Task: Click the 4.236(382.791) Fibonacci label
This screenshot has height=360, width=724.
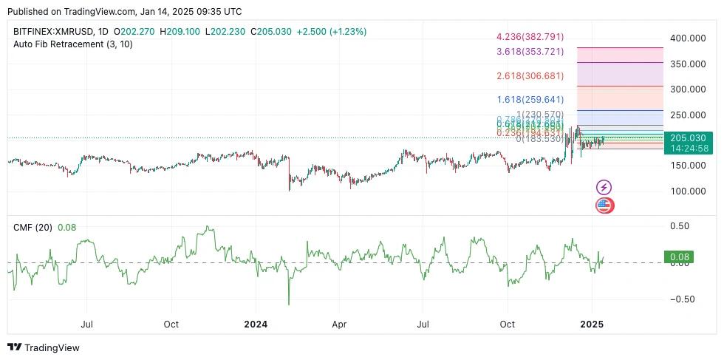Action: (x=530, y=36)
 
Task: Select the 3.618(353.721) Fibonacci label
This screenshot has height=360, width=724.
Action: (x=530, y=51)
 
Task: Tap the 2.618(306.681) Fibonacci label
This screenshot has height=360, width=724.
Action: (x=530, y=76)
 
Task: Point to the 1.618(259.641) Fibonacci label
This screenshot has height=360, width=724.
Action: (x=530, y=99)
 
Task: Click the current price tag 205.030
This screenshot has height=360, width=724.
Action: (x=687, y=137)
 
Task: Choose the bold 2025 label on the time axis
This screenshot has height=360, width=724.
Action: (x=592, y=325)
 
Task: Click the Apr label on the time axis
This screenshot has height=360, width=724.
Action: (x=339, y=325)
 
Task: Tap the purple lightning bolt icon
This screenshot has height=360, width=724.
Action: (x=604, y=188)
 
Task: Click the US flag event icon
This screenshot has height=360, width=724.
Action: (x=604, y=206)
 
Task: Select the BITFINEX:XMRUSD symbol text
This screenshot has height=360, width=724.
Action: (x=55, y=32)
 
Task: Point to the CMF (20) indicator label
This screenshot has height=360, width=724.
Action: (x=33, y=228)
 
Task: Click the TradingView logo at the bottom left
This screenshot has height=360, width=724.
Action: (x=44, y=347)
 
